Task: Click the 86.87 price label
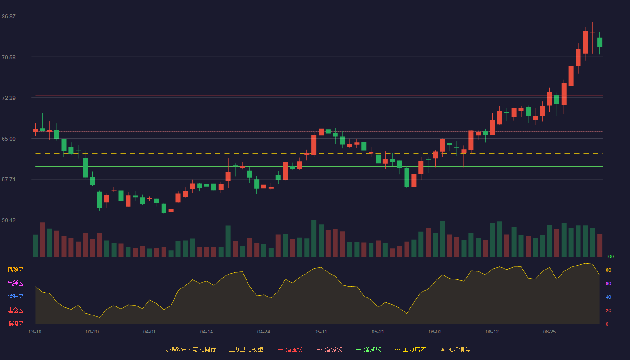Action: point(9,17)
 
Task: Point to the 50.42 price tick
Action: point(9,220)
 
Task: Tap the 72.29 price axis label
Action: point(9,98)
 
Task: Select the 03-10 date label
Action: point(35,332)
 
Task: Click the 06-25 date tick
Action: point(549,332)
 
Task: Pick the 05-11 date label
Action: point(321,332)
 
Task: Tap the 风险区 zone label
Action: point(15,270)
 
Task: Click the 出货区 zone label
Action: point(15,283)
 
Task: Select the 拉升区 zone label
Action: point(15,297)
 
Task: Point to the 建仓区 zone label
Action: point(15,310)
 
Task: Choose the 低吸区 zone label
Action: point(15,324)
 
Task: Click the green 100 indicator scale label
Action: point(610,256)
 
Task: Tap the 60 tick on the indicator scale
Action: point(608,283)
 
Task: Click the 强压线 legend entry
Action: point(290,349)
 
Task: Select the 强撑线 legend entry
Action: point(369,349)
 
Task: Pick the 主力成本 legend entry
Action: point(410,349)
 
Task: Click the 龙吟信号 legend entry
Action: point(455,349)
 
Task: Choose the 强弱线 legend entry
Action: point(329,349)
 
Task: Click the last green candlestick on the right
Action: point(599,42)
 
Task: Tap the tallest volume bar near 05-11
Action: point(314,238)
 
